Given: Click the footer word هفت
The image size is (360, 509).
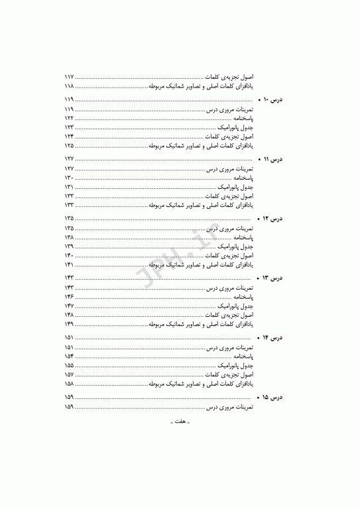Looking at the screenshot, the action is [x=180, y=440].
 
